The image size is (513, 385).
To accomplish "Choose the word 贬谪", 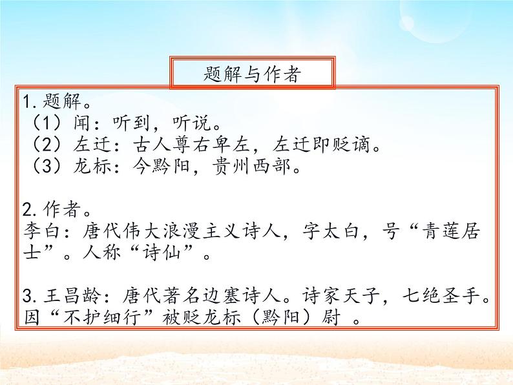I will (357, 145).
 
